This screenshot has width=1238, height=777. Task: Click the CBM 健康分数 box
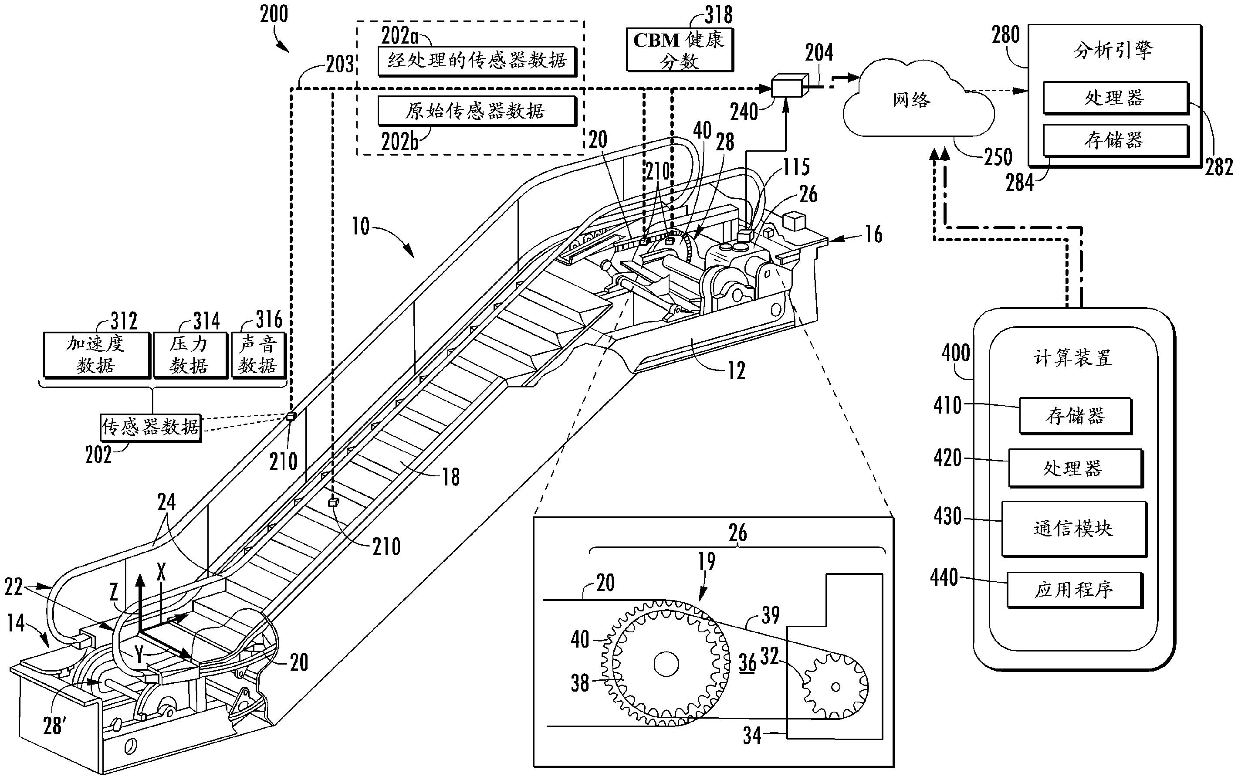pos(679,50)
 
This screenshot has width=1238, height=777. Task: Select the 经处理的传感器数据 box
pos(476,61)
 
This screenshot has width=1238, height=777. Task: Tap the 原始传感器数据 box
pos(476,111)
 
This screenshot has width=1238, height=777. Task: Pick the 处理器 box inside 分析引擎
pos(1115,97)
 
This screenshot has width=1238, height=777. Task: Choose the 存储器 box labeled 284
pos(1115,140)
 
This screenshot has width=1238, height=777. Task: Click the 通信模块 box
pos(1074,528)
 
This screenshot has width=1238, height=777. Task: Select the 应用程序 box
pos(1074,590)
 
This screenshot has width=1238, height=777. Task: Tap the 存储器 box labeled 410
pos(1075,415)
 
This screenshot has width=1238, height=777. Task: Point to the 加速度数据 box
pos(96,355)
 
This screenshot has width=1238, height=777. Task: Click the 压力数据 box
pos(189,355)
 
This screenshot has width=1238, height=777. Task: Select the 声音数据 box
pos(258,355)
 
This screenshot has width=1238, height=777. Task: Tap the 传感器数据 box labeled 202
pos(150,426)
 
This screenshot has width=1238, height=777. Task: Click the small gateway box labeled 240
pos(788,86)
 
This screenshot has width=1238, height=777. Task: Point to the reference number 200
pos(274,14)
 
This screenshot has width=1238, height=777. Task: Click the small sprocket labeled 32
pos(835,686)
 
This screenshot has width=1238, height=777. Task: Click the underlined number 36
pos(748,663)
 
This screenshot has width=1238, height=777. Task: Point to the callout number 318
pos(718,14)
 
